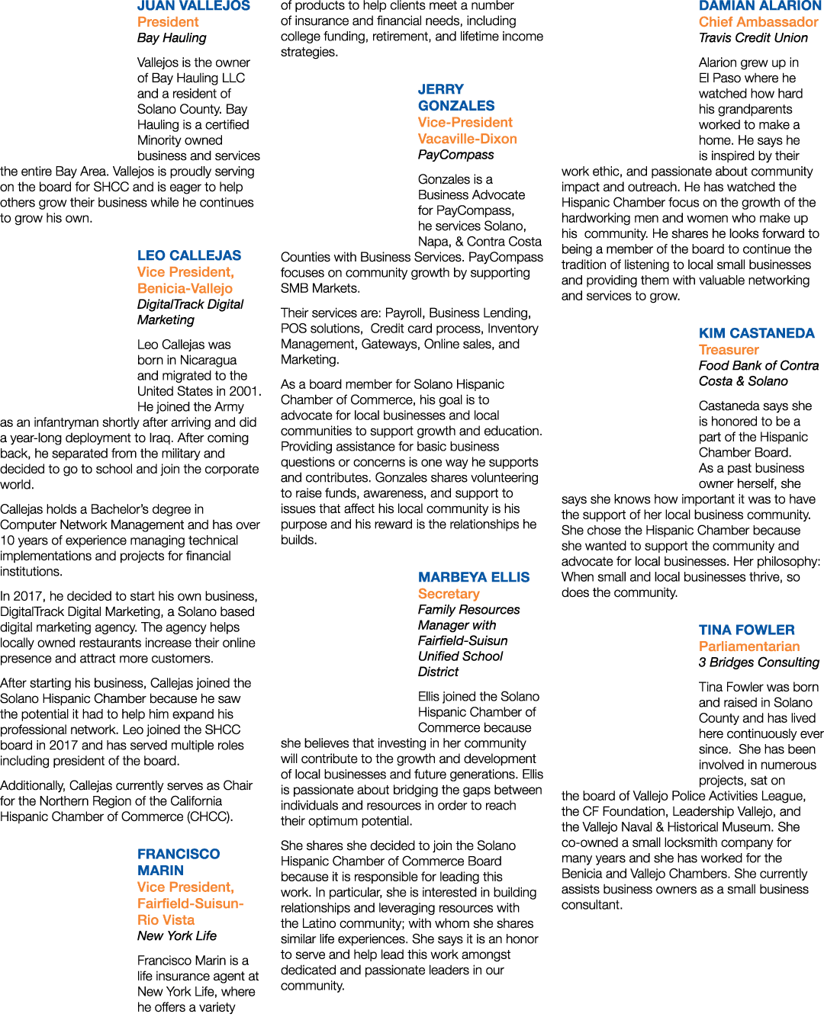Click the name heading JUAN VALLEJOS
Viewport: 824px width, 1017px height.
click(x=194, y=6)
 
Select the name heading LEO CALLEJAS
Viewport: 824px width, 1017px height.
click(x=189, y=255)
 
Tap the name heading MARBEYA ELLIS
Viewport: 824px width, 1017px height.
click(x=474, y=577)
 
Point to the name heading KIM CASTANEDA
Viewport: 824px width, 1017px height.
click(x=757, y=333)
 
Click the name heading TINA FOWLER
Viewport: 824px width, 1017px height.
click(x=747, y=630)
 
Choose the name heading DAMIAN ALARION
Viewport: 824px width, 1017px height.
click(x=760, y=6)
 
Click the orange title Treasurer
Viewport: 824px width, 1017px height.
click(x=729, y=350)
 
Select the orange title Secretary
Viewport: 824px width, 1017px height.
click(x=449, y=594)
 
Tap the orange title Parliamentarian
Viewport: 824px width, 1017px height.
click(x=749, y=646)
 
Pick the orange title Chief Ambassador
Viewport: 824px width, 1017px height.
click(x=758, y=22)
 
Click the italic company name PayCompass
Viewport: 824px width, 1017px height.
click(x=455, y=155)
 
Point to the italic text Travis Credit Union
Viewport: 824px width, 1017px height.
click(x=753, y=38)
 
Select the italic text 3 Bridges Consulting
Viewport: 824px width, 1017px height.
click(x=759, y=662)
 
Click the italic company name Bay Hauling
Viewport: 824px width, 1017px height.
click(x=172, y=38)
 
